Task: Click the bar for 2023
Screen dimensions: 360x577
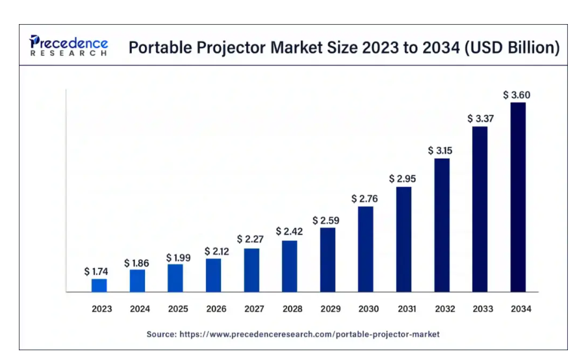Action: tap(99, 285)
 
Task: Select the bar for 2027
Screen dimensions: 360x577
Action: tap(251, 270)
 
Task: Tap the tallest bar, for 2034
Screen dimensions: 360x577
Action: tap(518, 197)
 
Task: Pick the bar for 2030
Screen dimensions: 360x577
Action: tap(366, 249)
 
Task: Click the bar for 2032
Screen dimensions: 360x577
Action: tap(442, 225)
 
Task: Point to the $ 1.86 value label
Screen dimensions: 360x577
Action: tap(137, 263)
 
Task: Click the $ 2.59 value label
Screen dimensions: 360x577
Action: tap(326, 220)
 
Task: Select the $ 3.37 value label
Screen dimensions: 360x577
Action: tap(480, 118)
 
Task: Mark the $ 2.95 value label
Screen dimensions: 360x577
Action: tap(402, 178)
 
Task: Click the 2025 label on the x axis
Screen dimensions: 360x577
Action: tap(177, 309)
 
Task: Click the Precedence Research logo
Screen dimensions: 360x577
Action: tap(68, 46)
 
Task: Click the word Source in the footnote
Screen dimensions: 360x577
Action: tap(160, 334)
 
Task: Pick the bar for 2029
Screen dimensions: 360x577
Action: tap(328, 259)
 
